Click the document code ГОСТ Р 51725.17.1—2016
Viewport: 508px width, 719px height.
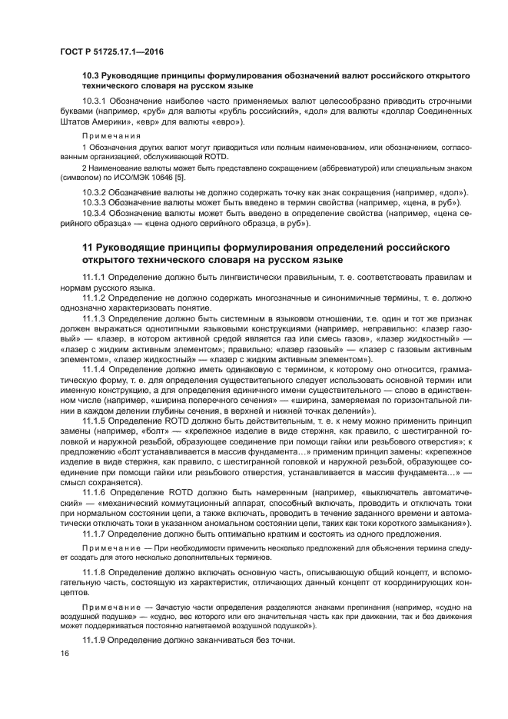pos(111,52)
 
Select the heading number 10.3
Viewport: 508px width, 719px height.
pos(91,75)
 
